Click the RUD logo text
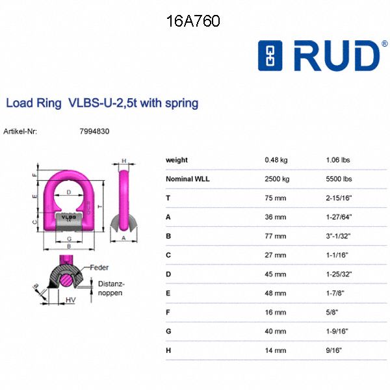pos(336,57)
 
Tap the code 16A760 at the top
pos(194,21)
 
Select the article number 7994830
pos(94,131)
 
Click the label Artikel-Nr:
pos(20,131)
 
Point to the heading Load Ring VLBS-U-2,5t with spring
pos(102,103)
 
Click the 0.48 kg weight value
pos(276,160)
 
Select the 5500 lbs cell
pos(339,179)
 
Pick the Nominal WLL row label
pos(188,179)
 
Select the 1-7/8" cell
pos(336,293)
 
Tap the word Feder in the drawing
pos(99,267)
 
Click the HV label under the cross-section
pos(70,300)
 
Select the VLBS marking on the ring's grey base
pos(68,217)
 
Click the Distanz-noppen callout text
pos(110,289)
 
